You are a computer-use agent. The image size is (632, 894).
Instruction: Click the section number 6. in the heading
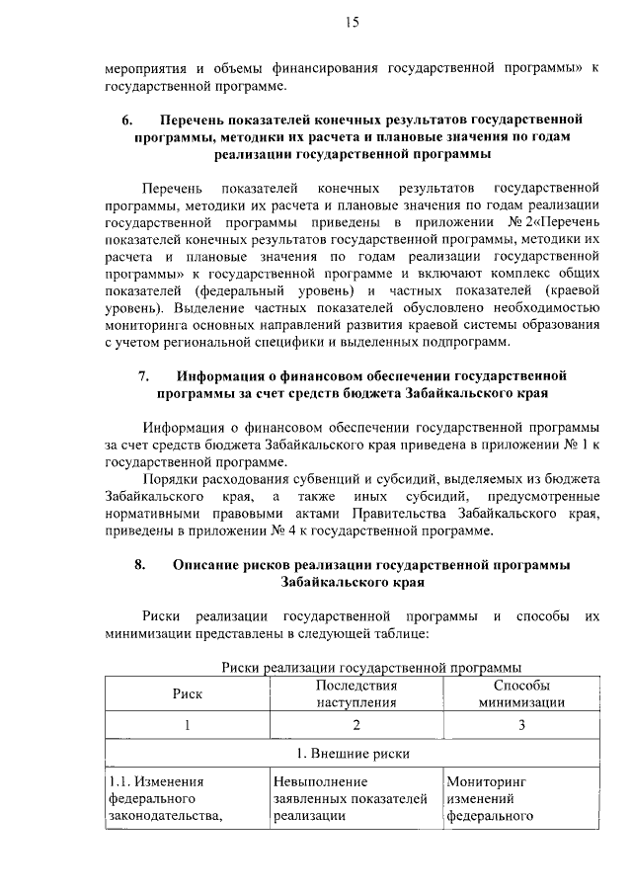[127, 120]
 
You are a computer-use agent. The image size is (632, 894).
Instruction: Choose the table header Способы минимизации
[521, 693]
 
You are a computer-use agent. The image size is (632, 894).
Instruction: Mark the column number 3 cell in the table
[521, 725]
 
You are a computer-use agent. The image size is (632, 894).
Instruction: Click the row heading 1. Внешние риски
[355, 754]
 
